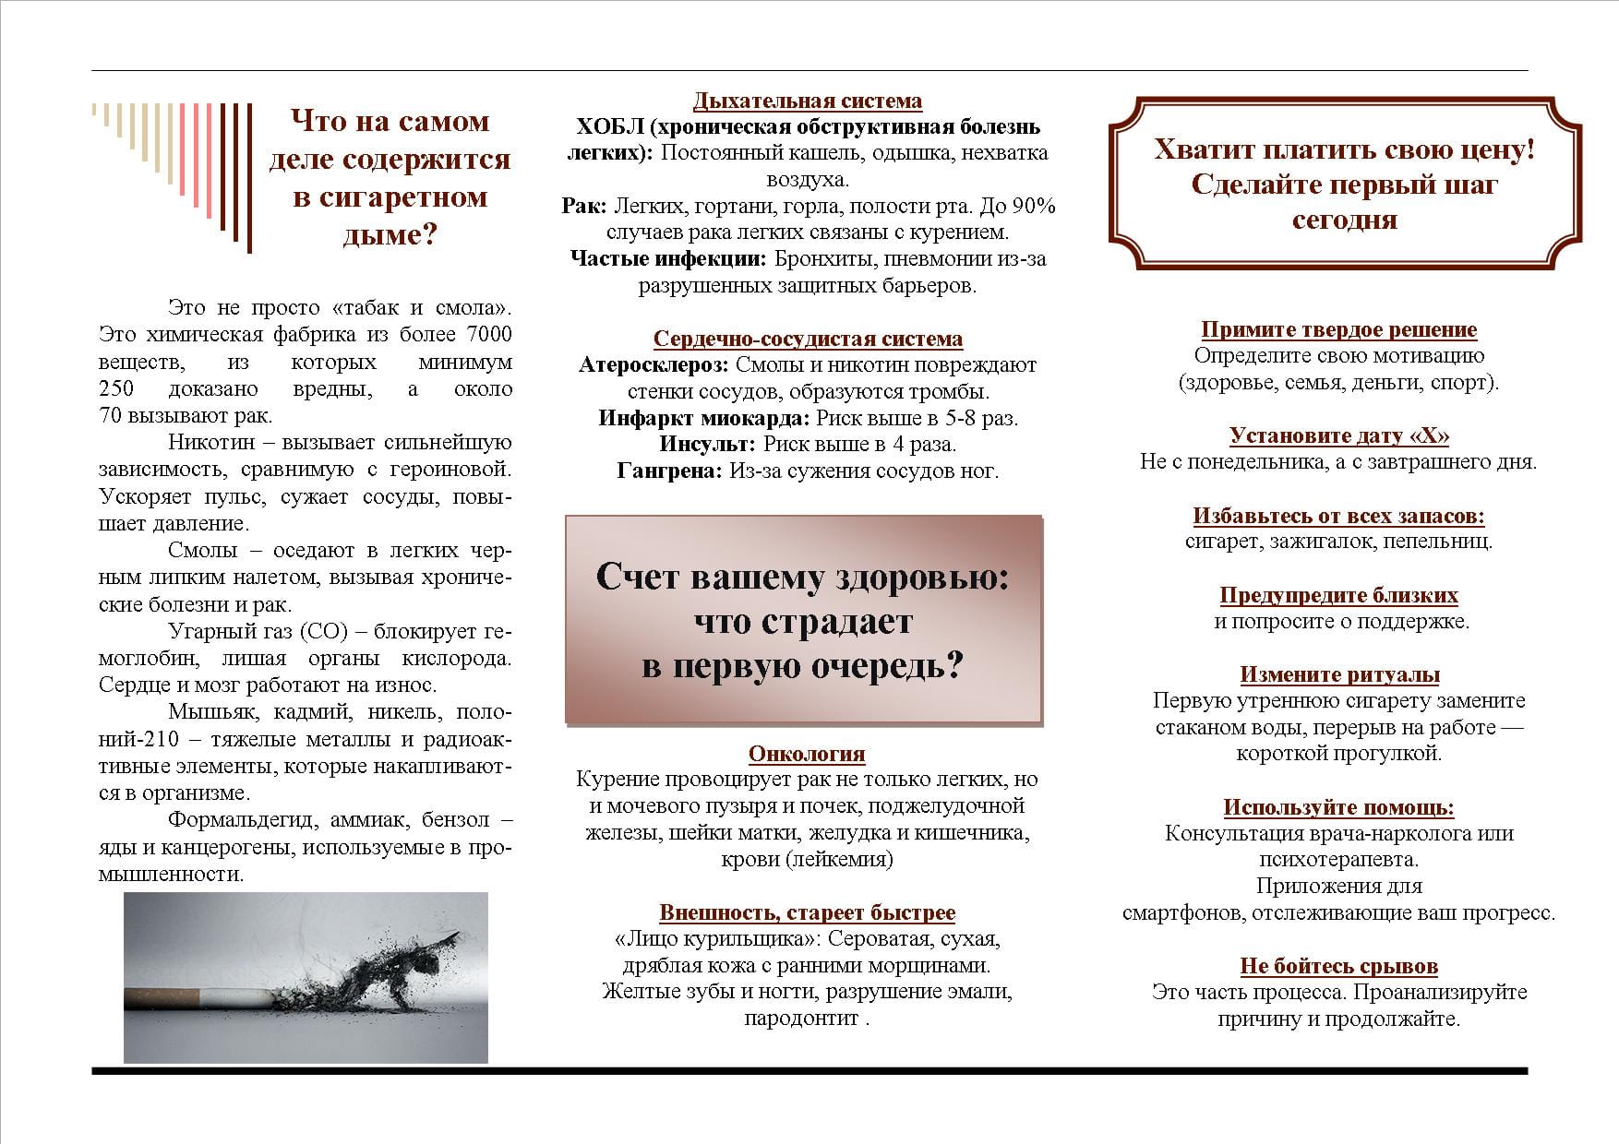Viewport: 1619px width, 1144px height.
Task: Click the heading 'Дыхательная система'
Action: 807,101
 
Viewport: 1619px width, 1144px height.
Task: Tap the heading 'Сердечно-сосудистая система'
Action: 808,340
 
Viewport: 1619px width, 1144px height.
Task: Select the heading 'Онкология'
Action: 807,754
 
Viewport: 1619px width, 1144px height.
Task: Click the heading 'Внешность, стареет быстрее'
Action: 807,912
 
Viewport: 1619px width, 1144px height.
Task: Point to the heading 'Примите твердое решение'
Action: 1338,329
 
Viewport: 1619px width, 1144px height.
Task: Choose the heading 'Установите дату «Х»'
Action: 1338,435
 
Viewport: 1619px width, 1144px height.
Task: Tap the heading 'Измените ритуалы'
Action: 1339,674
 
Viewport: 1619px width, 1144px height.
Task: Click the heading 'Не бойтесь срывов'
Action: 1338,966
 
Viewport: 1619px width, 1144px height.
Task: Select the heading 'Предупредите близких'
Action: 1338,595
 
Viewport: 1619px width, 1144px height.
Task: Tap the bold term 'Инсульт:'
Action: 707,445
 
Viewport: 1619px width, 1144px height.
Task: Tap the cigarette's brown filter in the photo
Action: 162,998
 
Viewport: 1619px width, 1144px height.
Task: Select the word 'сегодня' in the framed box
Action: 1344,220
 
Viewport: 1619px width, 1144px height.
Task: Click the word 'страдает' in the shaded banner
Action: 803,622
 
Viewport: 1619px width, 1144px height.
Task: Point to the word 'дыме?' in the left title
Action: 389,235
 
